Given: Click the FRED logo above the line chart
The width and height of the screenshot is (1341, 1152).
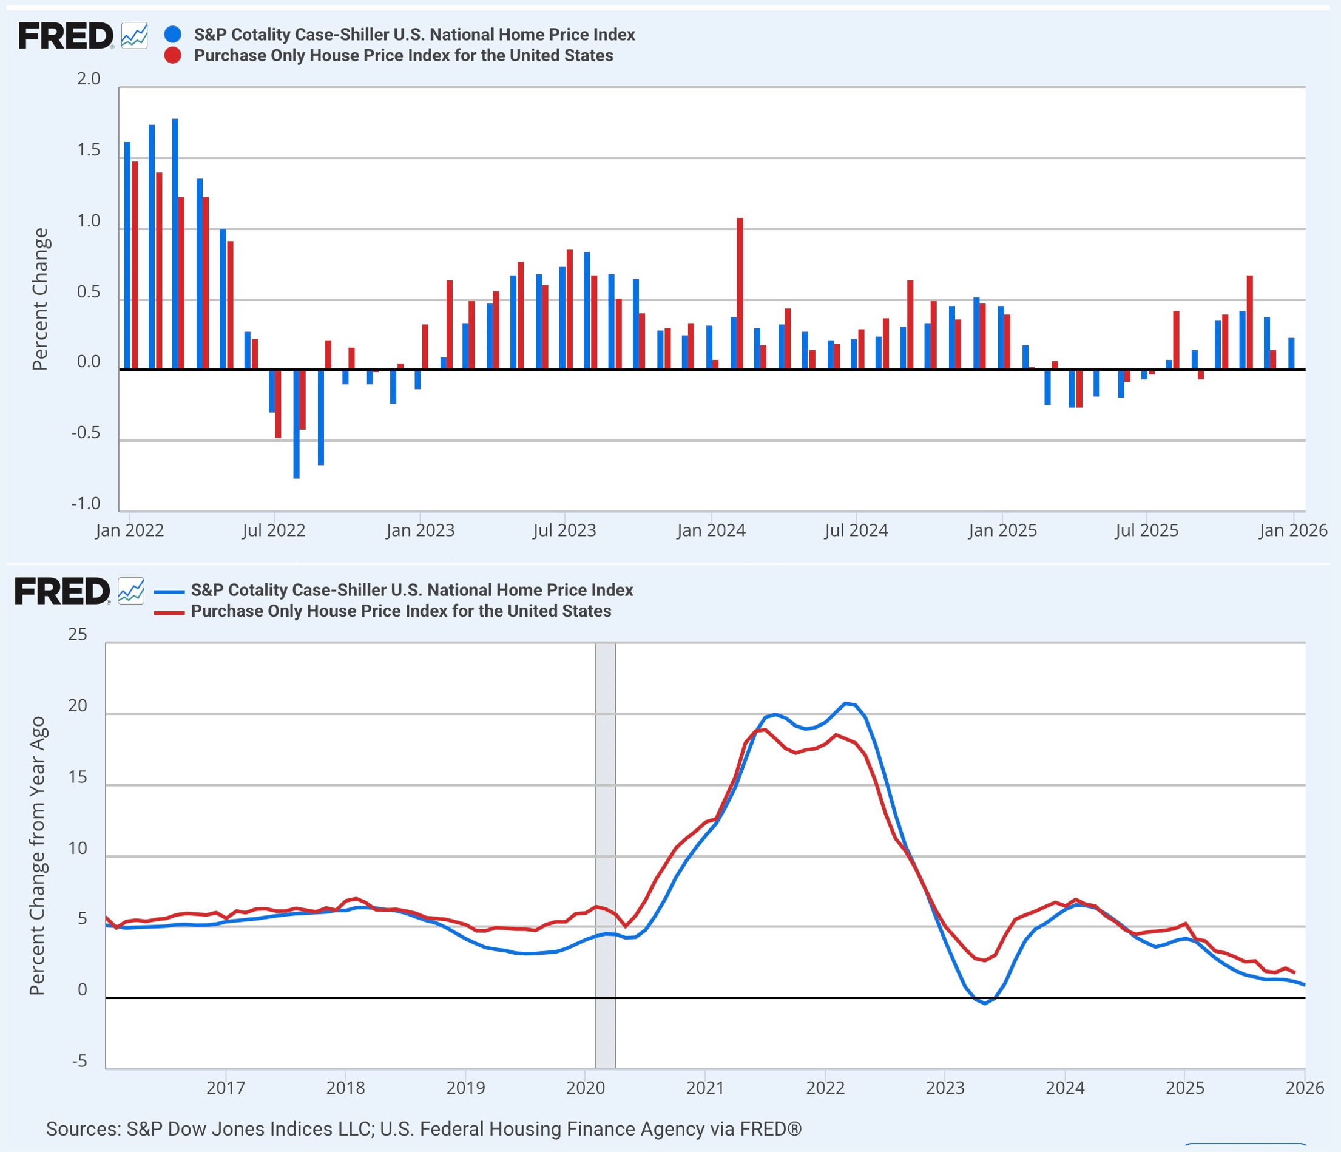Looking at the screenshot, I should [x=62, y=591].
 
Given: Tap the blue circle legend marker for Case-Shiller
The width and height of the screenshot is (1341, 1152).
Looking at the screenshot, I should [x=173, y=35].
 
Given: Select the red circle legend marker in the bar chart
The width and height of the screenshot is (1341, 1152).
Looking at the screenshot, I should [x=173, y=56].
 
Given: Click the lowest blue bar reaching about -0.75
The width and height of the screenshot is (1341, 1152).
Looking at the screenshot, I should [x=297, y=424].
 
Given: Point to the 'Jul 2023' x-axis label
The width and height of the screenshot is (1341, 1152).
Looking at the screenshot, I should [x=564, y=530].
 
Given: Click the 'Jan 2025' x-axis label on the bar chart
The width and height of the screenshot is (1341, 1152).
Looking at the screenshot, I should [x=1002, y=530].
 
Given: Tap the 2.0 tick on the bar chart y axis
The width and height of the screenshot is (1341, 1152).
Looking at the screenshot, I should [x=89, y=79].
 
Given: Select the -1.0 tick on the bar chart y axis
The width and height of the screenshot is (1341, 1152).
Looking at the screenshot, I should [x=86, y=504].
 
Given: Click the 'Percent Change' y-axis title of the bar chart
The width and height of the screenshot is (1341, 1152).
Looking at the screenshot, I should [x=40, y=299].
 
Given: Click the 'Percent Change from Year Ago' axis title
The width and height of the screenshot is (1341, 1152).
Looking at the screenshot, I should [x=38, y=855].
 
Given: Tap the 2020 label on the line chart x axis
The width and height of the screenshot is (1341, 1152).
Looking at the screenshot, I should [x=585, y=1087].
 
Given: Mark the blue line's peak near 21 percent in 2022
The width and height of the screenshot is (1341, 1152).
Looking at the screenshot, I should [x=845, y=703].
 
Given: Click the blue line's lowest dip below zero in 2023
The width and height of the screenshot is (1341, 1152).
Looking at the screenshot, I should [x=985, y=1003].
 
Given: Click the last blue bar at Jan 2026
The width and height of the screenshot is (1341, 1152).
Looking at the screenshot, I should [x=1291, y=354].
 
